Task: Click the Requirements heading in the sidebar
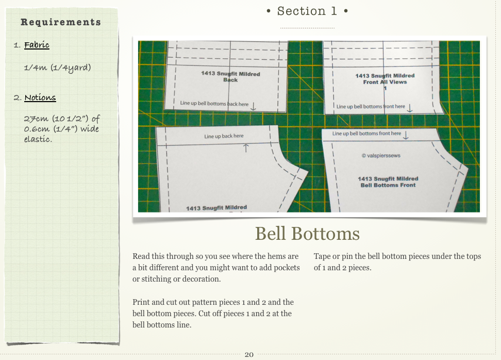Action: pyautogui.click(x=61, y=22)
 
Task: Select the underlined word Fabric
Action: pyautogui.click(x=37, y=45)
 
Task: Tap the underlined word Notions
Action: pyautogui.click(x=40, y=97)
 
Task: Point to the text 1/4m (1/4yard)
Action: pyautogui.click(x=58, y=68)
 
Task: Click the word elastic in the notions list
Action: pyautogui.click(x=38, y=139)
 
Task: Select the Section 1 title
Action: pyautogui.click(x=307, y=11)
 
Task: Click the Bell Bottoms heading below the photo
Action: pyautogui.click(x=307, y=234)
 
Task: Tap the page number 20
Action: pyautogui.click(x=249, y=354)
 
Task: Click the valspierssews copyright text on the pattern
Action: pyautogui.click(x=381, y=156)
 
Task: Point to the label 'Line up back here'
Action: pyautogui.click(x=224, y=136)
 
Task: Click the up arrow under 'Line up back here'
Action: pyautogui.click(x=246, y=148)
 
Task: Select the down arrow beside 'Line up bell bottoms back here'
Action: pyautogui.click(x=253, y=106)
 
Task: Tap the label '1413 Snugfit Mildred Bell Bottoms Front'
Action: pyautogui.click(x=388, y=182)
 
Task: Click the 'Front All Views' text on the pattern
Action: pyautogui.click(x=385, y=82)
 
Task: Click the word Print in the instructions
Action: pyautogui.click(x=141, y=302)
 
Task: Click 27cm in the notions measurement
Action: pyautogui.click(x=36, y=119)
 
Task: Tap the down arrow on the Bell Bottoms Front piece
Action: pyautogui.click(x=406, y=135)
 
